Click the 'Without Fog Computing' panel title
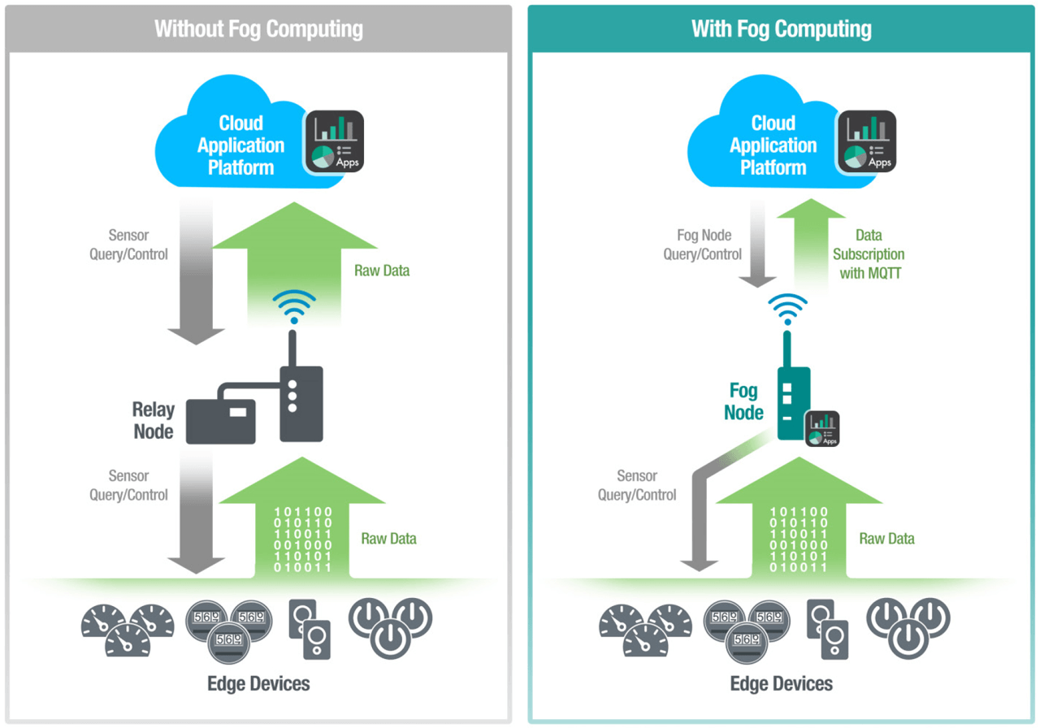pyautogui.click(x=258, y=29)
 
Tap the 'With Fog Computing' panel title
pyautogui.click(x=781, y=29)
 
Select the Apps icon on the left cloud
pyautogui.click(x=333, y=141)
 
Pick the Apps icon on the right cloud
pyautogui.click(x=866, y=141)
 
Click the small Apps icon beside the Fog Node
pyautogui.click(x=822, y=428)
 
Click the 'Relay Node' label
pyautogui.click(x=154, y=419)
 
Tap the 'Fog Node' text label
pyautogui.click(x=743, y=402)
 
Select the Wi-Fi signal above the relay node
pyautogui.click(x=294, y=306)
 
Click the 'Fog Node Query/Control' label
pyautogui.click(x=702, y=245)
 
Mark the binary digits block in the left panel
pyautogui.click(x=301, y=539)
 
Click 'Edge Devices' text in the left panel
pyautogui.click(x=258, y=683)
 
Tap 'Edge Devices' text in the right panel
pyautogui.click(x=781, y=683)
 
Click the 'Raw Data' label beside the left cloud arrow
pyautogui.click(x=382, y=271)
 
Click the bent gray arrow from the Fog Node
pyautogui.click(x=703, y=504)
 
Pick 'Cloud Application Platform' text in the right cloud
pyautogui.click(x=773, y=145)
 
